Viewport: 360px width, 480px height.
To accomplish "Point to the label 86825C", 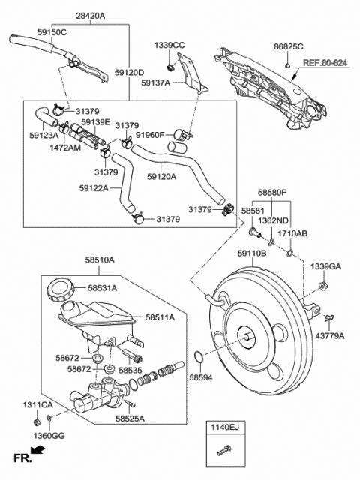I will (x=289, y=46).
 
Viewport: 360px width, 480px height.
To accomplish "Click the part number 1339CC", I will (x=169, y=46).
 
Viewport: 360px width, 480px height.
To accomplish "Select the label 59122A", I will (x=94, y=187).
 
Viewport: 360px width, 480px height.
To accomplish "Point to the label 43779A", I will (x=331, y=336).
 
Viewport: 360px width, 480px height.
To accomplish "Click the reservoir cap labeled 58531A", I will (x=58, y=288).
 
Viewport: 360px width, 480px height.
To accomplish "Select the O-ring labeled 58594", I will (x=196, y=355).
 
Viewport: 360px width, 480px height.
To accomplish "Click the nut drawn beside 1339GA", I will (x=323, y=286).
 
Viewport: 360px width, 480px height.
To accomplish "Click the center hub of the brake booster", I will (x=245, y=337).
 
